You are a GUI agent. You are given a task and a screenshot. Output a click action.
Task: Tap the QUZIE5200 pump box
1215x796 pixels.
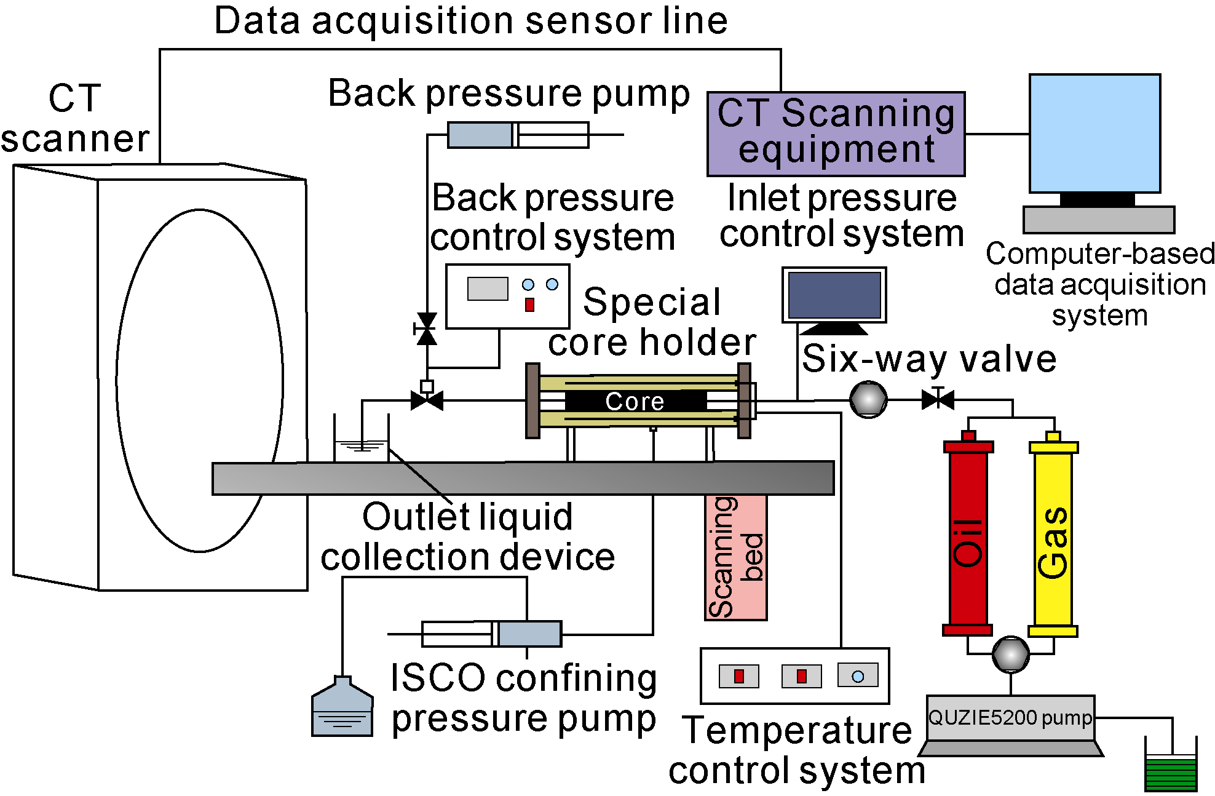1010,718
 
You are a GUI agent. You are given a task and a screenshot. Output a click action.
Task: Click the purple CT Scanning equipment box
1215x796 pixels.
836,133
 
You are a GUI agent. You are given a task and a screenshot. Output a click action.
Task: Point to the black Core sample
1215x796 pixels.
635,401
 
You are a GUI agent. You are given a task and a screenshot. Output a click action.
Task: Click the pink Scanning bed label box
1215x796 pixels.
736,557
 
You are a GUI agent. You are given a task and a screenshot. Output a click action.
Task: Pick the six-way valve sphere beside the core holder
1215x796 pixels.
868,400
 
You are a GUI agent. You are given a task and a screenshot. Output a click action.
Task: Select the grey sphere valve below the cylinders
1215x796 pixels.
1010,654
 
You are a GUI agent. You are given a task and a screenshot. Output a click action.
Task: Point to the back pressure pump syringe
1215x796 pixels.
518,135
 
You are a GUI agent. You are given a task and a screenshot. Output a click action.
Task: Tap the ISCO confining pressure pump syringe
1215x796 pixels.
492,634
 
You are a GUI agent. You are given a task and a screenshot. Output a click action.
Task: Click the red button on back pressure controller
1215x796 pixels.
529,304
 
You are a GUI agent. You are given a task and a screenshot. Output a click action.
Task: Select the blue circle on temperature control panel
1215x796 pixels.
858,677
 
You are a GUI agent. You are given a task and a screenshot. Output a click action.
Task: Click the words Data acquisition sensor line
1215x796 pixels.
470,20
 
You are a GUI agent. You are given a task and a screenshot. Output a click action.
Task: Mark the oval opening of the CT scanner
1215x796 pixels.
200,380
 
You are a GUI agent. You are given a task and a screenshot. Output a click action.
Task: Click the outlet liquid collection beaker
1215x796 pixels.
362,446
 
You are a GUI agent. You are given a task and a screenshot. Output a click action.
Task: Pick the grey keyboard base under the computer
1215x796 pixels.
1099,220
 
